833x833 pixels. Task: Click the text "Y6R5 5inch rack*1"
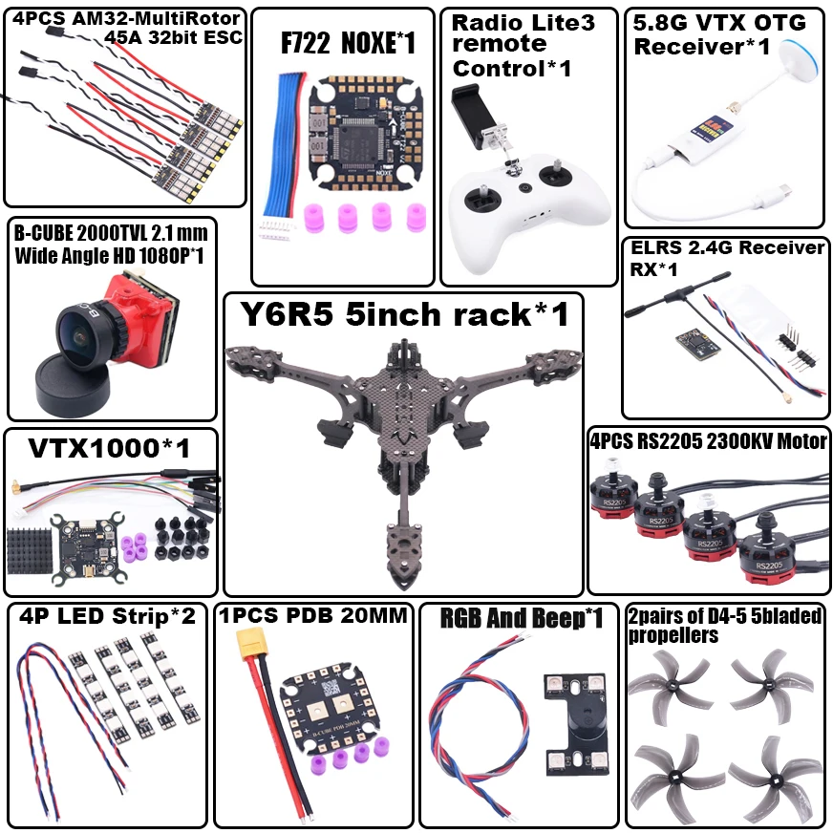[403, 314]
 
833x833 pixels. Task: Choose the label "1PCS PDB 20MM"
[314, 616]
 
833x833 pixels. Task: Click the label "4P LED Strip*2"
[107, 616]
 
